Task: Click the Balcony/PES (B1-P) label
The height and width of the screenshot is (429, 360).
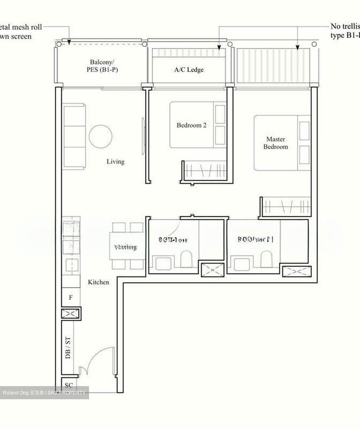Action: [x=102, y=66]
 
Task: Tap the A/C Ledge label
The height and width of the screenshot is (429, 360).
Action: [x=189, y=70]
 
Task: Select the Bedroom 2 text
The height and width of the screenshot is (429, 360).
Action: [x=191, y=125]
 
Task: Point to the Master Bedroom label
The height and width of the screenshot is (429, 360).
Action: [x=275, y=143]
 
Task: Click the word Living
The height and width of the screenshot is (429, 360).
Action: [x=116, y=161]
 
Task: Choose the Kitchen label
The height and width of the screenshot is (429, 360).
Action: [x=98, y=282]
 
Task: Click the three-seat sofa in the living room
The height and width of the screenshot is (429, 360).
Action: [x=74, y=137]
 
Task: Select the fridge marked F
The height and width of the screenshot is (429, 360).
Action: [x=71, y=297]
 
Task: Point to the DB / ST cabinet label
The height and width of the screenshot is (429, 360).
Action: [x=68, y=347]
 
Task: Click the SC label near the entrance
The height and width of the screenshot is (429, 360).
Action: [x=68, y=385]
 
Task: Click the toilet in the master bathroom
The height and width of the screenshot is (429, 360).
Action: [x=267, y=259]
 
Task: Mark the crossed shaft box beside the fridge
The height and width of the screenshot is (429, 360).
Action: [x=71, y=314]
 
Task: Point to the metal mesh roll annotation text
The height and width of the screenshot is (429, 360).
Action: [x=18, y=32]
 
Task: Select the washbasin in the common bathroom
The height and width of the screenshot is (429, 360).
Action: [x=163, y=263]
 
